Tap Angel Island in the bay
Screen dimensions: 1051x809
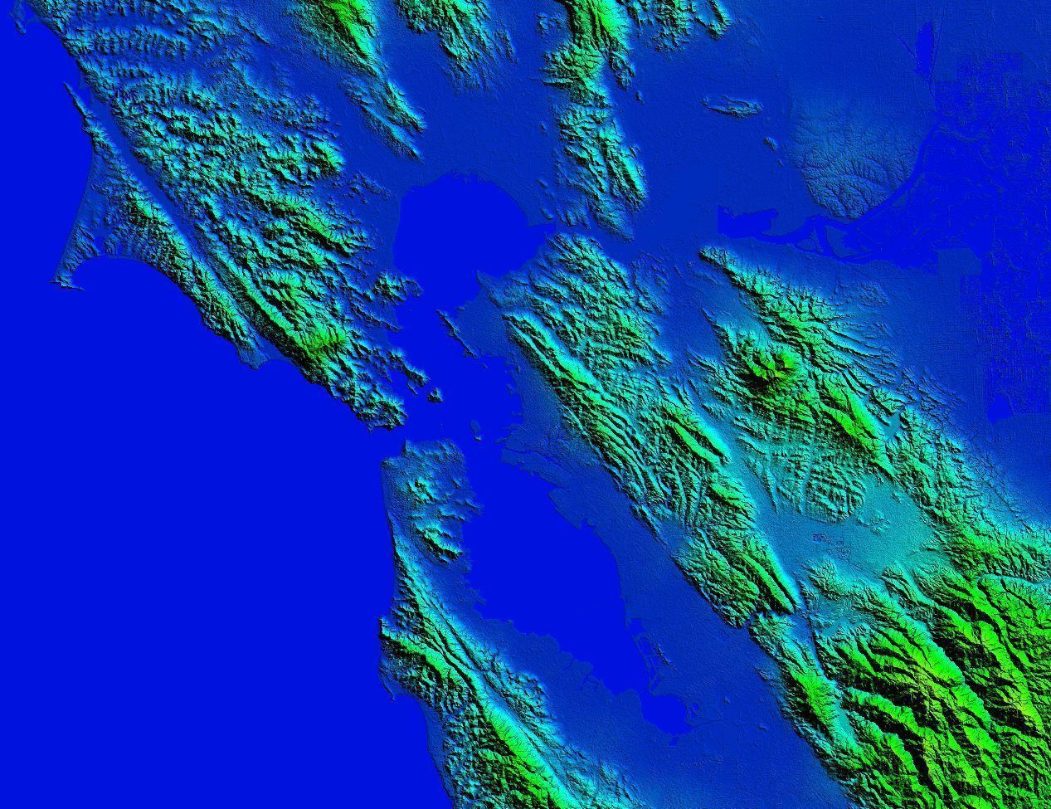pos(433,394)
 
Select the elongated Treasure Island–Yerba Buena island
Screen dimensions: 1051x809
pos(476,429)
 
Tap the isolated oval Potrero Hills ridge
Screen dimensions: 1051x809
pos(731,105)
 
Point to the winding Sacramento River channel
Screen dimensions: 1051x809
pos(942,133)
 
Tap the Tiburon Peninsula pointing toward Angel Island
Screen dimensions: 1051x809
pos(411,378)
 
